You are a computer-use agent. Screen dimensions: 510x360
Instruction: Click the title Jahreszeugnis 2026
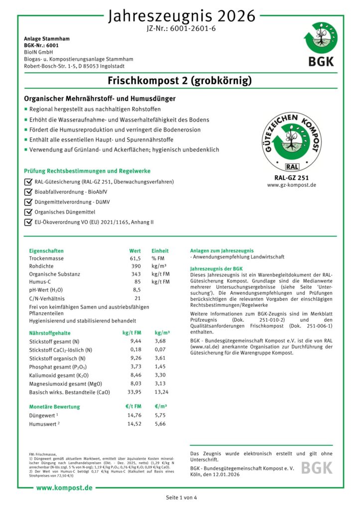[x=182, y=16]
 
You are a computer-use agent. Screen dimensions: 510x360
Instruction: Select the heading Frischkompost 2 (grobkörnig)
[x=180, y=80]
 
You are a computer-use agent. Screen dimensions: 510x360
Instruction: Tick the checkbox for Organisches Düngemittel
[x=28, y=211]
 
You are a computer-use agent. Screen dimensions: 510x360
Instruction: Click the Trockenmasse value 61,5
[x=135, y=259]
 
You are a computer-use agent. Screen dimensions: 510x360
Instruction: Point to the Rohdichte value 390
[x=135, y=266]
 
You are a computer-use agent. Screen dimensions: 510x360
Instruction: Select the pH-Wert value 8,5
[x=136, y=289]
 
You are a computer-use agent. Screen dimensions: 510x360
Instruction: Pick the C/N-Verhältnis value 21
[x=137, y=298]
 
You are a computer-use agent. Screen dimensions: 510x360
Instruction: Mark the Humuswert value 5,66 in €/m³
[x=160, y=424]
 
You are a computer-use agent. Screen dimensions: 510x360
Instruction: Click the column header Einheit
[x=160, y=251]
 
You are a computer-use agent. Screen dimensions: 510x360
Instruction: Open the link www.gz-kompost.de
[x=291, y=185]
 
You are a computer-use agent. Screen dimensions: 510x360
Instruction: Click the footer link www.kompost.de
[x=64, y=488]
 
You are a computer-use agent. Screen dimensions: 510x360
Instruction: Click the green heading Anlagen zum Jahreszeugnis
[x=222, y=251]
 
